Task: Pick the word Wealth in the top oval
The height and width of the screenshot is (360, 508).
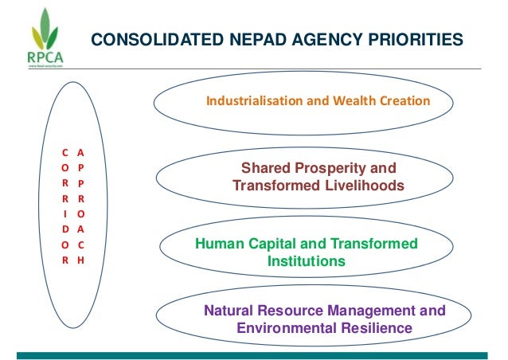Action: (355, 102)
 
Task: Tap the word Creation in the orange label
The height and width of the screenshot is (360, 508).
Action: (404, 102)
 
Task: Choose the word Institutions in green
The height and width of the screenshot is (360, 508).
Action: (307, 260)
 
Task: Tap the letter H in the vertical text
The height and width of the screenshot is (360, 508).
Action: (81, 260)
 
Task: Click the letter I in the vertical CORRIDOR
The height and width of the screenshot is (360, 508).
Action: (64, 213)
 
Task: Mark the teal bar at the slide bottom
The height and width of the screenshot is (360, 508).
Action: (254, 354)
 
